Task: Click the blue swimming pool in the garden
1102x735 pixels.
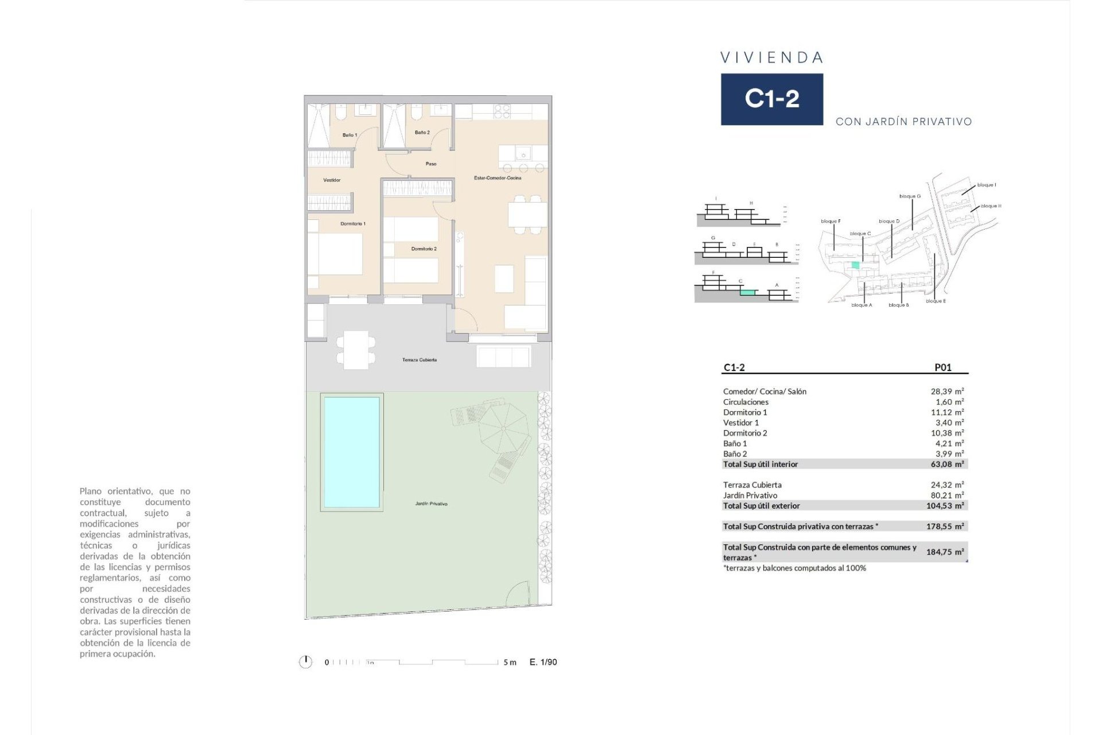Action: tap(351, 452)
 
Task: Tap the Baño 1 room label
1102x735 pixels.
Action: tap(350, 135)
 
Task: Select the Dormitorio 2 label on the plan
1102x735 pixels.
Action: tap(424, 249)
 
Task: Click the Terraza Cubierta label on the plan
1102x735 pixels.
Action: tap(419, 360)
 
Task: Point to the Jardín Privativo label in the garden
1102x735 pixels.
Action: tap(431, 504)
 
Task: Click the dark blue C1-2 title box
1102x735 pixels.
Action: tap(771, 99)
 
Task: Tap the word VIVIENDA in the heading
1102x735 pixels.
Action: tap(771, 57)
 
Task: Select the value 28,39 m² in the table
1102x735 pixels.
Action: tap(946, 392)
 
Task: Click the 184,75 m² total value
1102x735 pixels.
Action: tap(944, 552)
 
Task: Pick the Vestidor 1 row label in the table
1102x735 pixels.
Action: tap(740, 423)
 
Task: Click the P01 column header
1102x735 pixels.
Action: tap(942, 367)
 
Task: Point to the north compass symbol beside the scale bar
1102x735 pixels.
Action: tap(305, 662)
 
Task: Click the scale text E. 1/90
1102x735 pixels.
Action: tap(543, 662)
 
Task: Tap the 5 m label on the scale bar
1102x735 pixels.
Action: tap(510, 663)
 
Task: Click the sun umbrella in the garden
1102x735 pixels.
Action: tap(503, 428)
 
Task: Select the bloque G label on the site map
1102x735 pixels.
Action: tap(910, 196)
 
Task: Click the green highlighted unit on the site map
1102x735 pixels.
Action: tap(855, 265)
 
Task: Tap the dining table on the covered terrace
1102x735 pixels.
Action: tap(356, 350)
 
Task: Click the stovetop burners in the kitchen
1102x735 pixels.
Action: tap(502, 111)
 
